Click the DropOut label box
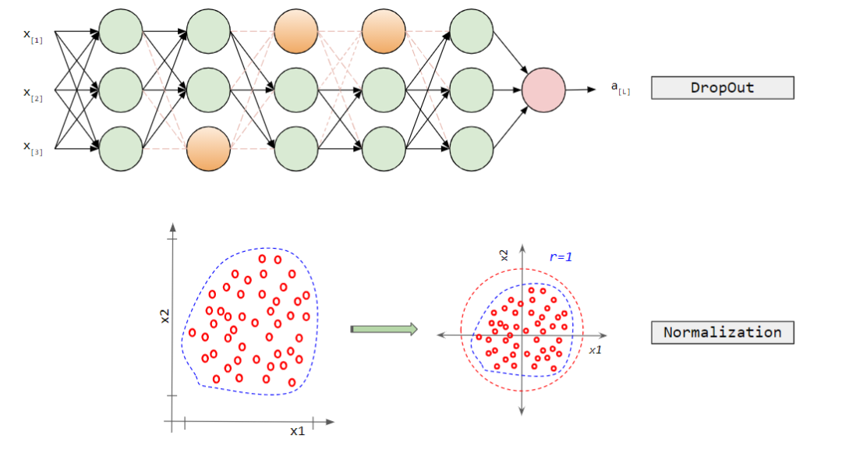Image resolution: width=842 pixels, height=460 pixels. [x=722, y=87]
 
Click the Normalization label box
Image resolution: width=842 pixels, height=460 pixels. [x=722, y=332]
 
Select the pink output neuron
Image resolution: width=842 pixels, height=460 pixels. [x=543, y=89]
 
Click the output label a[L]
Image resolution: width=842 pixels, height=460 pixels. [x=621, y=87]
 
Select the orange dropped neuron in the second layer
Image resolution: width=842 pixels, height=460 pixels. [x=208, y=147]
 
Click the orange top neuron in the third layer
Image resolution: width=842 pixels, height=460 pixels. [x=296, y=31]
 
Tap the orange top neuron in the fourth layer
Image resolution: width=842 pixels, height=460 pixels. [x=384, y=31]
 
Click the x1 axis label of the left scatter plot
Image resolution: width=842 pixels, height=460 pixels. [x=297, y=430]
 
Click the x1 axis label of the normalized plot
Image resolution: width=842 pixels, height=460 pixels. [x=595, y=350]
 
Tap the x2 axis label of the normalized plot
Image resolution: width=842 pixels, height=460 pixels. [x=504, y=254]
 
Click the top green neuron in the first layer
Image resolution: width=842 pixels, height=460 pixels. [x=121, y=31]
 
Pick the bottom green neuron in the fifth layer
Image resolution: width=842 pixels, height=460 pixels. [x=472, y=147]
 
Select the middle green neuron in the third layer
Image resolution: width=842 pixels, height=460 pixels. [x=296, y=89]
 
